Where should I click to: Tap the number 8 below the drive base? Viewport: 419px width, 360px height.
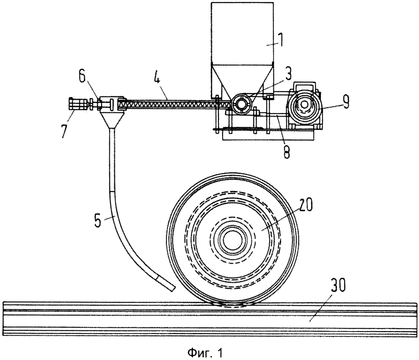click(287, 150)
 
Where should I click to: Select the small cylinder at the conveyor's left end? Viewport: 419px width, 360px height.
click(77, 104)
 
